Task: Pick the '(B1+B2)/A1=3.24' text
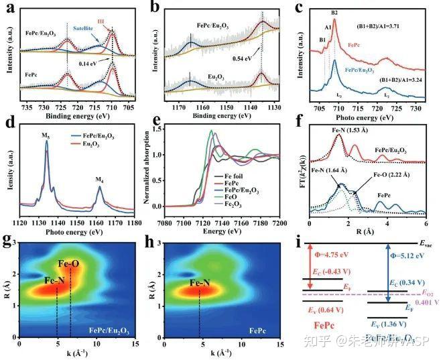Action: coord(401,80)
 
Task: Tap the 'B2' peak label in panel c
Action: coord(334,13)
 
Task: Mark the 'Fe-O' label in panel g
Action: coord(70,263)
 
